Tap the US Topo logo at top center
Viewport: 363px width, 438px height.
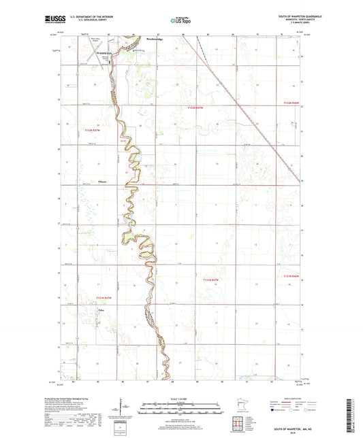tap(180, 20)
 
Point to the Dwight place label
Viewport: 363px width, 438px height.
tap(102, 181)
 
